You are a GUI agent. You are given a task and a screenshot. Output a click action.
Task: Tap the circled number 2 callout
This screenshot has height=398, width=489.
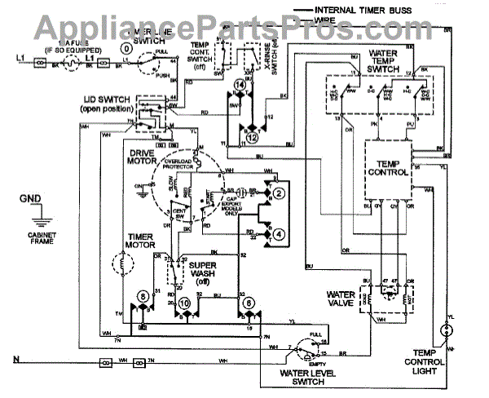point(278,192)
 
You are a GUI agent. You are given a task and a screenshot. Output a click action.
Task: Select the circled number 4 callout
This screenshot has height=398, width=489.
point(278,233)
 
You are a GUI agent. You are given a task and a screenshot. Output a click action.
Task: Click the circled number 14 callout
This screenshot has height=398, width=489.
point(240,85)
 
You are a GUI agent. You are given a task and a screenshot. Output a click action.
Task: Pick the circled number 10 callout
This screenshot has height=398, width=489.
point(185,303)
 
